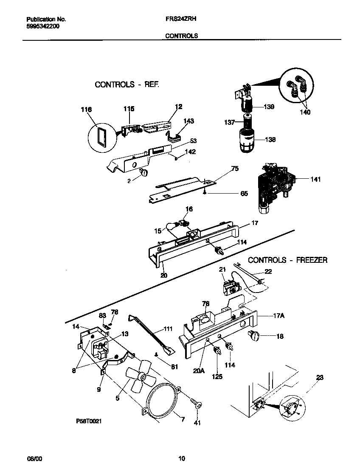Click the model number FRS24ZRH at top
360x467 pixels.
pyautogui.click(x=180, y=19)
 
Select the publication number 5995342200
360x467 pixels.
pyautogui.click(x=43, y=26)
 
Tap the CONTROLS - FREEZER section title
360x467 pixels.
pyautogui.click(x=287, y=260)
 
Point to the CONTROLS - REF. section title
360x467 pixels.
pyautogui.click(x=127, y=84)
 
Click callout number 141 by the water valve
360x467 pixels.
pyautogui.click(x=315, y=179)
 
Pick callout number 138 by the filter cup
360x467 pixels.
pyautogui.click(x=270, y=140)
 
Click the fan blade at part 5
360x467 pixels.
pyautogui.click(x=140, y=378)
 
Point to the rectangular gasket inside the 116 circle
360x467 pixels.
pyautogui.click(x=101, y=138)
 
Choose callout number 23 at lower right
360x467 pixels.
pyautogui.click(x=320, y=377)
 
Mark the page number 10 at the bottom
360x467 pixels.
pyautogui.click(x=181, y=458)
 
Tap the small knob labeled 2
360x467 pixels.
pyautogui.click(x=143, y=172)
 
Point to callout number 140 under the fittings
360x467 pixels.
pyautogui.click(x=305, y=112)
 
